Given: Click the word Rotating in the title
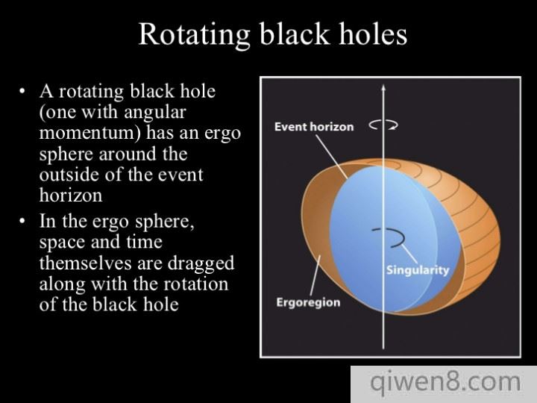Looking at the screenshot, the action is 194,34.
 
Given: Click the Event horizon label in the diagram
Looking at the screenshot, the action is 314,127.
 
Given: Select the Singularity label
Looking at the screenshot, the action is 418,270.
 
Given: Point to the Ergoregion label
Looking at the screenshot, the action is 308,302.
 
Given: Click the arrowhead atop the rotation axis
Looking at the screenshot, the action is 383,87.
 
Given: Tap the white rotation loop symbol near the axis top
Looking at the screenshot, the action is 383,125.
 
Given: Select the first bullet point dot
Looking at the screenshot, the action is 22,92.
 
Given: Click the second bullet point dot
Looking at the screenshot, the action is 22,222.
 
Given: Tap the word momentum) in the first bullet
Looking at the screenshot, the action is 90,133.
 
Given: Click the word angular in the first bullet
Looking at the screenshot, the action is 155,113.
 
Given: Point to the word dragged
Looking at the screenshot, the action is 201,263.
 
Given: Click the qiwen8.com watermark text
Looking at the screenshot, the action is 445,382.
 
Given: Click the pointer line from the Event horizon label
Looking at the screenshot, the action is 331,157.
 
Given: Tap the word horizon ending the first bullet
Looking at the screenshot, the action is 71,196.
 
